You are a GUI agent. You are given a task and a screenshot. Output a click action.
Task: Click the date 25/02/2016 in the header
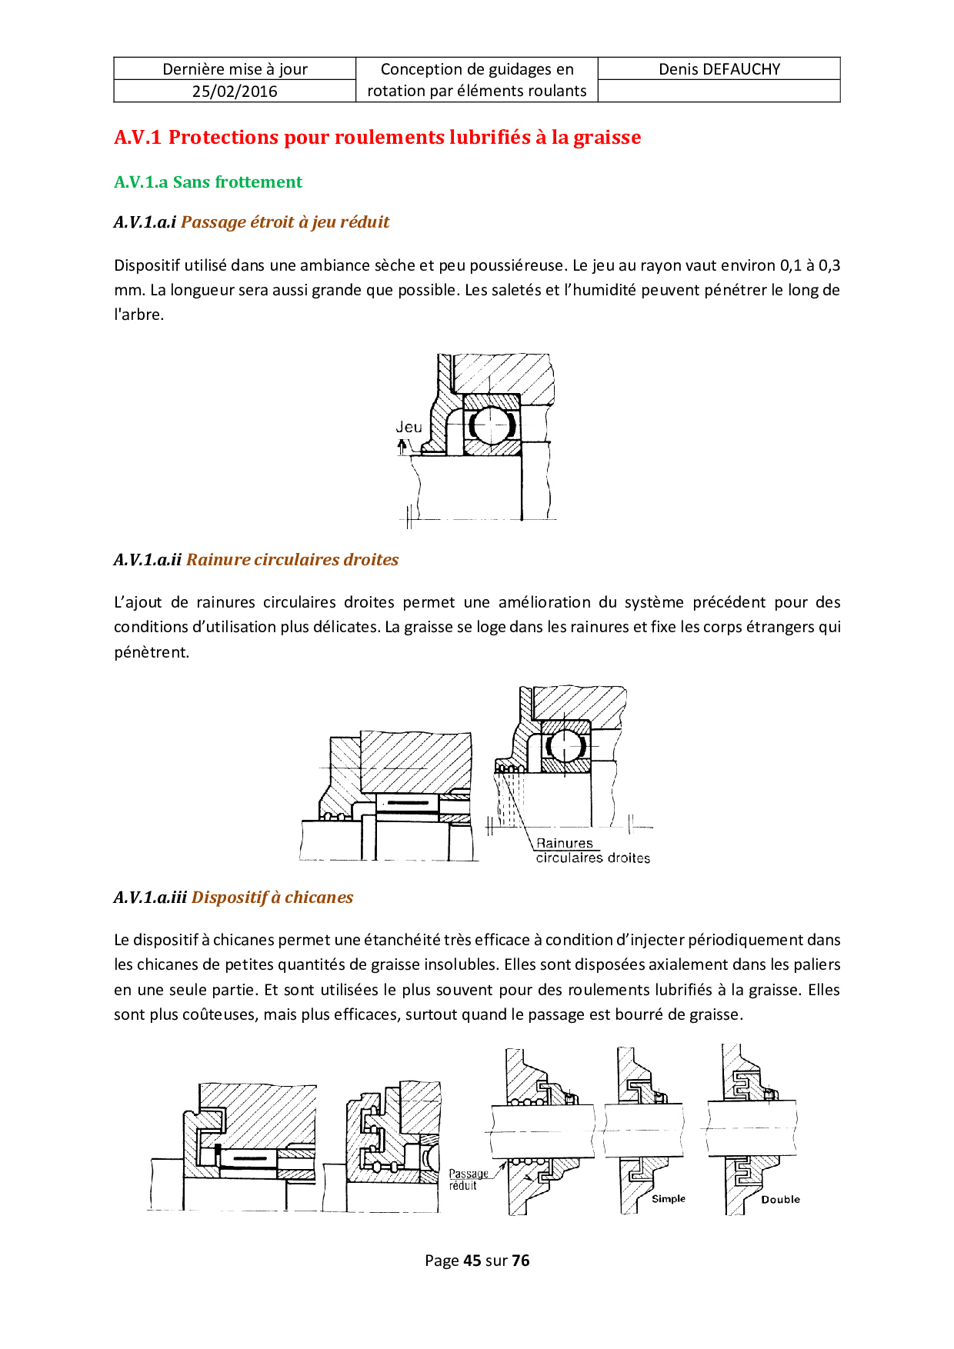pyautogui.click(x=235, y=91)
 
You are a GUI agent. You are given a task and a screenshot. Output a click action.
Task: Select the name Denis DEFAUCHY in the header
pyautogui.click(x=719, y=69)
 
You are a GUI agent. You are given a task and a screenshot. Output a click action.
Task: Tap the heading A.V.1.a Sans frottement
pyautogui.click(x=208, y=182)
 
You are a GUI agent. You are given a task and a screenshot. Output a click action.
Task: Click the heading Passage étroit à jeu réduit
pyautogui.click(x=285, y=222)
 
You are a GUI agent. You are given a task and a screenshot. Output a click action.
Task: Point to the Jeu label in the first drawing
pyautogui.click(x=409, y=427)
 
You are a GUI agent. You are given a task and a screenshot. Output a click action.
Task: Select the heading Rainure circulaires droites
pyautogui.click(x=292, y=560)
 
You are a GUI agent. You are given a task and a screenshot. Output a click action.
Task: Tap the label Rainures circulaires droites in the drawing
pyautogui.click(x=592, y=851)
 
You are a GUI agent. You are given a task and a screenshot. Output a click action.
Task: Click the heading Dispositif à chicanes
pyautogui.click(x=272, y=898)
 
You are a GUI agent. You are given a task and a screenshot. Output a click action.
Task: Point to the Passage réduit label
pyautogui.click(x=468, y=1179)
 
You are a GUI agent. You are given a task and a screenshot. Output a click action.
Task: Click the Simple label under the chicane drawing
pyautogui.click(x=668, y=1198)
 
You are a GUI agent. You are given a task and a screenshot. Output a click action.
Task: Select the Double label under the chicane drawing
pyautogui.click(x=780, y=1199)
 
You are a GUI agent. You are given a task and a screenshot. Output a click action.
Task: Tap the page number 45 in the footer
pyautogui.click(x=472, y=1261)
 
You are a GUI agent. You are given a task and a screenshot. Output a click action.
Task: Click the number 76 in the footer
pyautogui.click(x=521, y=1261)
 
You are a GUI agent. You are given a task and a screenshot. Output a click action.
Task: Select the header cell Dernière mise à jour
pyautogui.click(x=235, y=69)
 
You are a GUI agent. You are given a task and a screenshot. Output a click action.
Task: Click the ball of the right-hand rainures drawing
pyautogui.click(x=565, y=744)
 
